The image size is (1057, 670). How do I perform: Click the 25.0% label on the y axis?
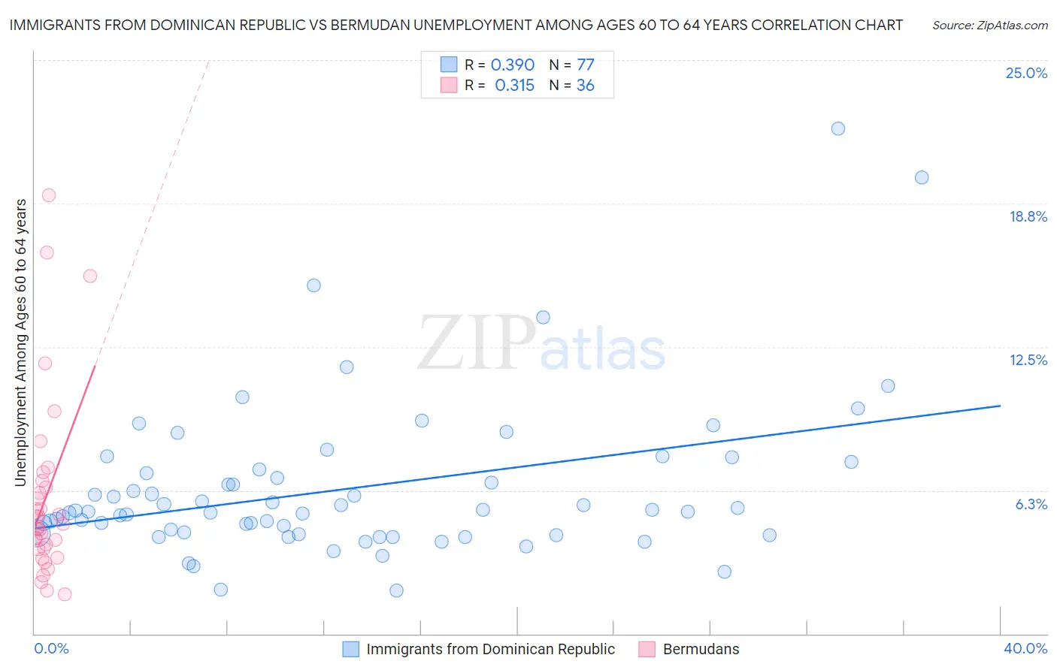1026,73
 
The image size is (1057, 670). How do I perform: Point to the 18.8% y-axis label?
1028,216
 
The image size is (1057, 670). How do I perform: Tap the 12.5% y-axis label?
1028,360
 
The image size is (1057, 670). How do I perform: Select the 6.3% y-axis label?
1031,504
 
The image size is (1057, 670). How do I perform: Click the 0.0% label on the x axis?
51,648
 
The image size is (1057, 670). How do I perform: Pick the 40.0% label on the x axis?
1025,648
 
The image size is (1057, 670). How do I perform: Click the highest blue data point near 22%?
838,128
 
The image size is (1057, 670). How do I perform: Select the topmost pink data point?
49,195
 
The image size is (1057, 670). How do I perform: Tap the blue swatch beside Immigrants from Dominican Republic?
350,649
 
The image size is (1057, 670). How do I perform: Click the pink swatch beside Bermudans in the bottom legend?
647,649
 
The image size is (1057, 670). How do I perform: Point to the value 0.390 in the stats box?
513,65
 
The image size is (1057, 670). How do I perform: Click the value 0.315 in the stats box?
514,86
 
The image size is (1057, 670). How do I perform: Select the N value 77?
585,65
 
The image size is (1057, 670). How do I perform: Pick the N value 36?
585,86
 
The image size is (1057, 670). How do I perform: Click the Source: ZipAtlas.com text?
989,26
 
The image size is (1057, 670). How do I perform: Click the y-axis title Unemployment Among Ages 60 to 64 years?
21,343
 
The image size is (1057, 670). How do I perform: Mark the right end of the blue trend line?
1000,406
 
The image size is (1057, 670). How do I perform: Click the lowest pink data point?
65,594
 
